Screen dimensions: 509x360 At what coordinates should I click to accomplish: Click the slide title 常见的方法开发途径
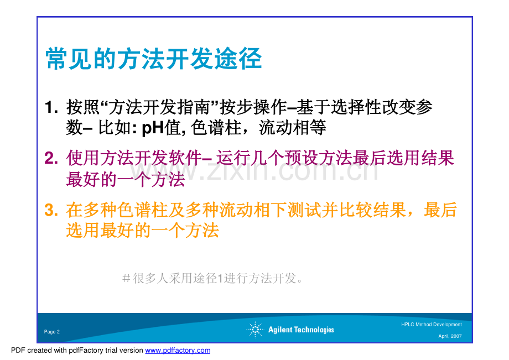154,59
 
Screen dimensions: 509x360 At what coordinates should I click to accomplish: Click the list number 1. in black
51,107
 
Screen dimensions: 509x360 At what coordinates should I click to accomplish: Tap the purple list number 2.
51,158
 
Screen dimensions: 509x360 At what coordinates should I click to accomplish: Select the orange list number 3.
51,210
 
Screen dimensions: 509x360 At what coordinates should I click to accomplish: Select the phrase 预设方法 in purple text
319,158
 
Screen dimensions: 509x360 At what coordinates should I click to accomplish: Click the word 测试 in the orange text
304,210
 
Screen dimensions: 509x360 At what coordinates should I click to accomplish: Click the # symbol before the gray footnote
126,278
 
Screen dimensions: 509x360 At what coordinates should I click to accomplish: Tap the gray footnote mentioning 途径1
212,278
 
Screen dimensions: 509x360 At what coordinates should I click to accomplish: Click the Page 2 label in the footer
52,332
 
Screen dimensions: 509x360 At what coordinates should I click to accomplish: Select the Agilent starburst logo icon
255,330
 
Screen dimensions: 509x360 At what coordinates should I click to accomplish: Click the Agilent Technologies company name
301,330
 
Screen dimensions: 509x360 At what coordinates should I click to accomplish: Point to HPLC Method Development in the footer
432,324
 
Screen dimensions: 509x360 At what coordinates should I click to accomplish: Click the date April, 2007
450,336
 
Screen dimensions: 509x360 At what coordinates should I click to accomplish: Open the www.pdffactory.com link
178,350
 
